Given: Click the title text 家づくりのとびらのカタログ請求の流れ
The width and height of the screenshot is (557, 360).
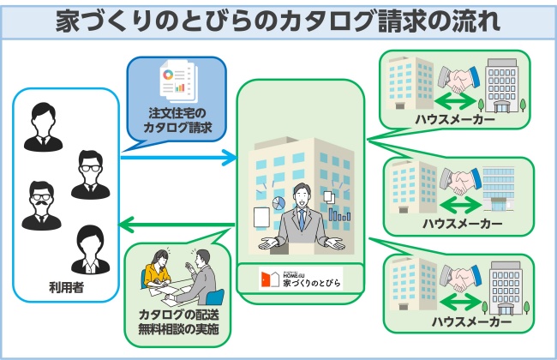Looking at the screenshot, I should coord(278,20).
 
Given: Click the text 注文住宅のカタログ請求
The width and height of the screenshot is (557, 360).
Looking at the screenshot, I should coord(177,122).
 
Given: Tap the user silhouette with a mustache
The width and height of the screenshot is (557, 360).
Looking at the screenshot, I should coord(39,205).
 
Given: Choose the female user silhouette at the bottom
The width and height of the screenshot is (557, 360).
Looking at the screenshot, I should coord(89,248).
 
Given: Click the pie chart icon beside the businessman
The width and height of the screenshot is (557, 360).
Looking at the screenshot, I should coord(278,204).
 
